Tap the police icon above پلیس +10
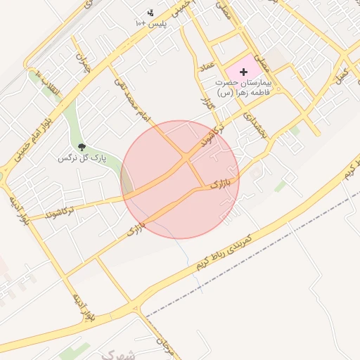[150, 13]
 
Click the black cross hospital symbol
[244, 72]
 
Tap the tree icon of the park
[82, 147]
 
